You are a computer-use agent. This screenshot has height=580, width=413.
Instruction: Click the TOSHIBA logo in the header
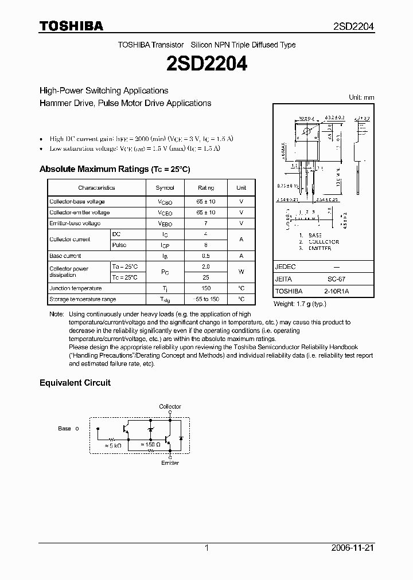click(x=71, y=26)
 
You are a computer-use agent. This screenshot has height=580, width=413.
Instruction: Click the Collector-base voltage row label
click(x=77, y=202)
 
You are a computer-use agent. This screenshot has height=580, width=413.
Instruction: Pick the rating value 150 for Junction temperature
click(x=206, y=289)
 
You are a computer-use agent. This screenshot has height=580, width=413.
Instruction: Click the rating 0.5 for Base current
click(x=206, y=256)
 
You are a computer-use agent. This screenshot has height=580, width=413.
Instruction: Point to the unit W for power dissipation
click(x=241, y=272)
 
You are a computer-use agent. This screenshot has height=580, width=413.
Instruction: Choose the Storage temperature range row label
click(x=83, y=300)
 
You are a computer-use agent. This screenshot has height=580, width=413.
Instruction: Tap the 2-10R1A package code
click(x=337, y=291)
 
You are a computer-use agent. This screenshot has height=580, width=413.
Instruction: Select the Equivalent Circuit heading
click(x=75, y=383)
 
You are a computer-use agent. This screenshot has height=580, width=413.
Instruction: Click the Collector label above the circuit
click(x=170, y=407)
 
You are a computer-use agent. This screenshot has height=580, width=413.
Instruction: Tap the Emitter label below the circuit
click(x=170, y=463)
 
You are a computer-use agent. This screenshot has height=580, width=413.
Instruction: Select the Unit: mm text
click(x=361, y=97)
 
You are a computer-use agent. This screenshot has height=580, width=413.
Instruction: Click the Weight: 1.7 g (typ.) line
click(x=299, y=304)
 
